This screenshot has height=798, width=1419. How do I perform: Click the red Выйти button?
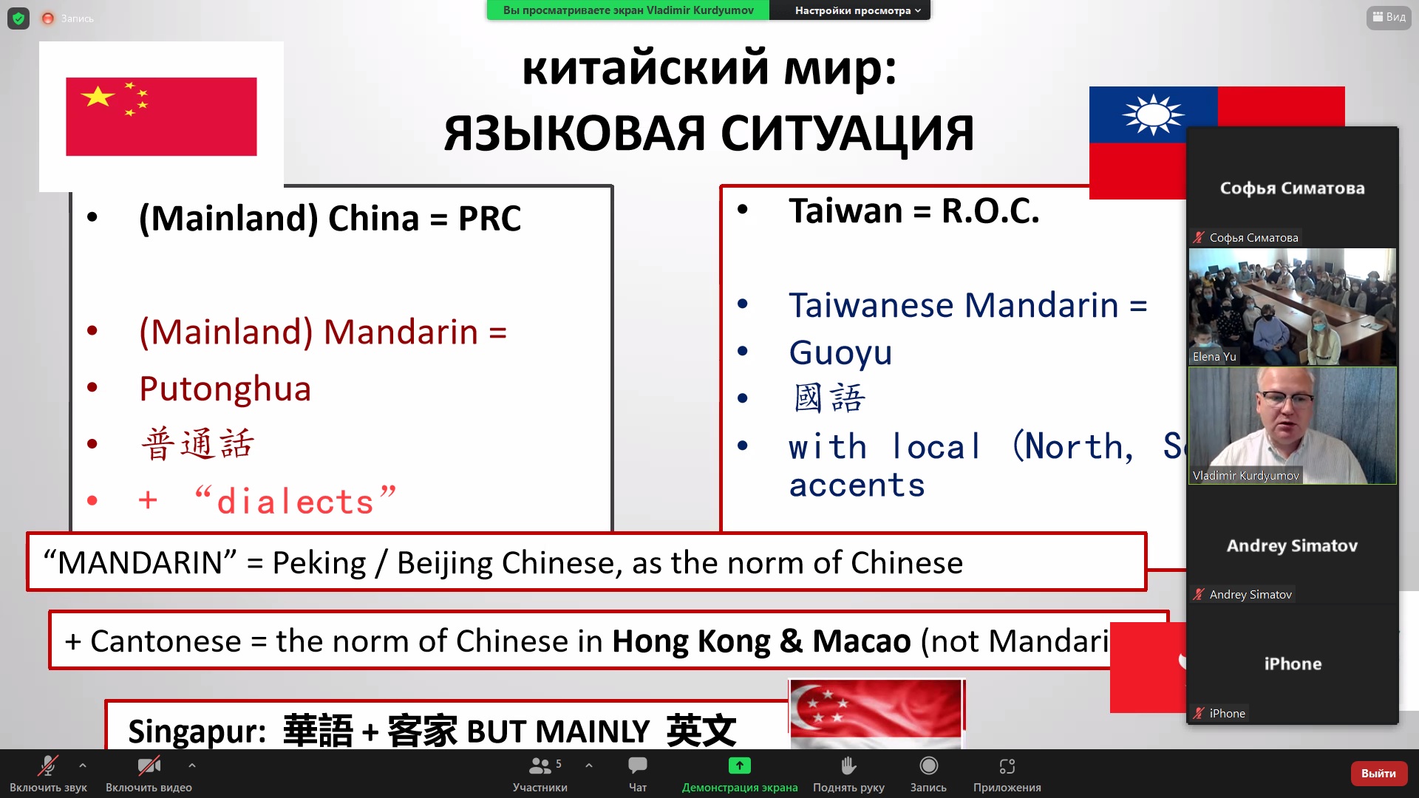1378,773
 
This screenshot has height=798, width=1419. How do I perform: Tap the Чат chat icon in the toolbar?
637,765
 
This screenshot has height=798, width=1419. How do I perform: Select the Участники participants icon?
540,765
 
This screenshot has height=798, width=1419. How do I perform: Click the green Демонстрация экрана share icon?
739,765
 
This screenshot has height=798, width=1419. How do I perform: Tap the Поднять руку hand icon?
848,765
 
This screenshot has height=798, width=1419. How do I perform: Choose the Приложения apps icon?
1007,766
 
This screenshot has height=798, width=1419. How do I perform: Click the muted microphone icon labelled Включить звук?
48,765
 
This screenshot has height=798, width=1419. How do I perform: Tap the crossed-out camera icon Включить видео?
149,765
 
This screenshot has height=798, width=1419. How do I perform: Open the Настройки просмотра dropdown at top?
857,10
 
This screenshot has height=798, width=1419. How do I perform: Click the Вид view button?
1389,17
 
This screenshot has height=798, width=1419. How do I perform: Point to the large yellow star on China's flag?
98,96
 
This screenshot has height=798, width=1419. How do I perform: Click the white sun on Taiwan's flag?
1154,115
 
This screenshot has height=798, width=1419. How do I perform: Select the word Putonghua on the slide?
225,389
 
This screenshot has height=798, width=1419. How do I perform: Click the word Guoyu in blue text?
840,352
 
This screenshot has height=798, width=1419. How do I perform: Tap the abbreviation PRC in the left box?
489,218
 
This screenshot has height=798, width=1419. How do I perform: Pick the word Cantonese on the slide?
166,641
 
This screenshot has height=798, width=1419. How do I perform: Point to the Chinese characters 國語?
828,398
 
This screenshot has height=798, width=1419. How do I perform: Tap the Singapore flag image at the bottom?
877,714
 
